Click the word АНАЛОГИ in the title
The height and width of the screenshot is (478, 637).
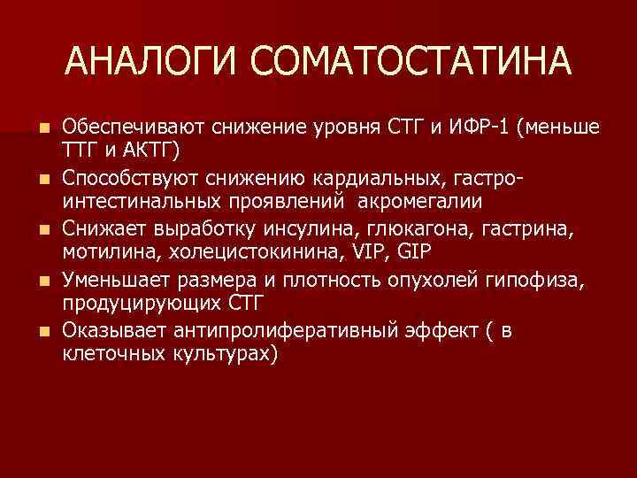153,62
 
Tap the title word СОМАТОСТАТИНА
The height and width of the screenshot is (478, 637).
411,62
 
